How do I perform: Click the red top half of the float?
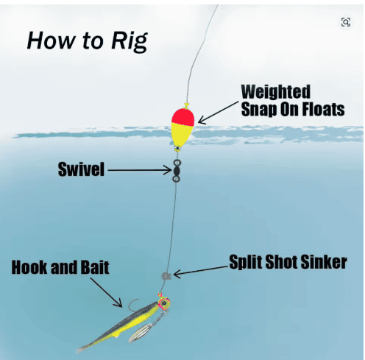183,116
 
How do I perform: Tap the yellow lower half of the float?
182,135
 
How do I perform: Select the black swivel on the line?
177,171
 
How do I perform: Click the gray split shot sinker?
166,276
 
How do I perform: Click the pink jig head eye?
164,303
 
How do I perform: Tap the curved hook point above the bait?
132,304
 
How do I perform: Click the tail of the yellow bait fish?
83,348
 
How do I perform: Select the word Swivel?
81,169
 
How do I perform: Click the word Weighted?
276,92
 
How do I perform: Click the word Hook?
29,267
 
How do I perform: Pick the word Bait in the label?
95,267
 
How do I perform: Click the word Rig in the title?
130,41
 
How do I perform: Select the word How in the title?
51,40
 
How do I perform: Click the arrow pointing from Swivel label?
140,170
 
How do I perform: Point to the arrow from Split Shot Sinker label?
201,272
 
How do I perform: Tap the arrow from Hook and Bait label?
106,292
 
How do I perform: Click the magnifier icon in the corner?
346,22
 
